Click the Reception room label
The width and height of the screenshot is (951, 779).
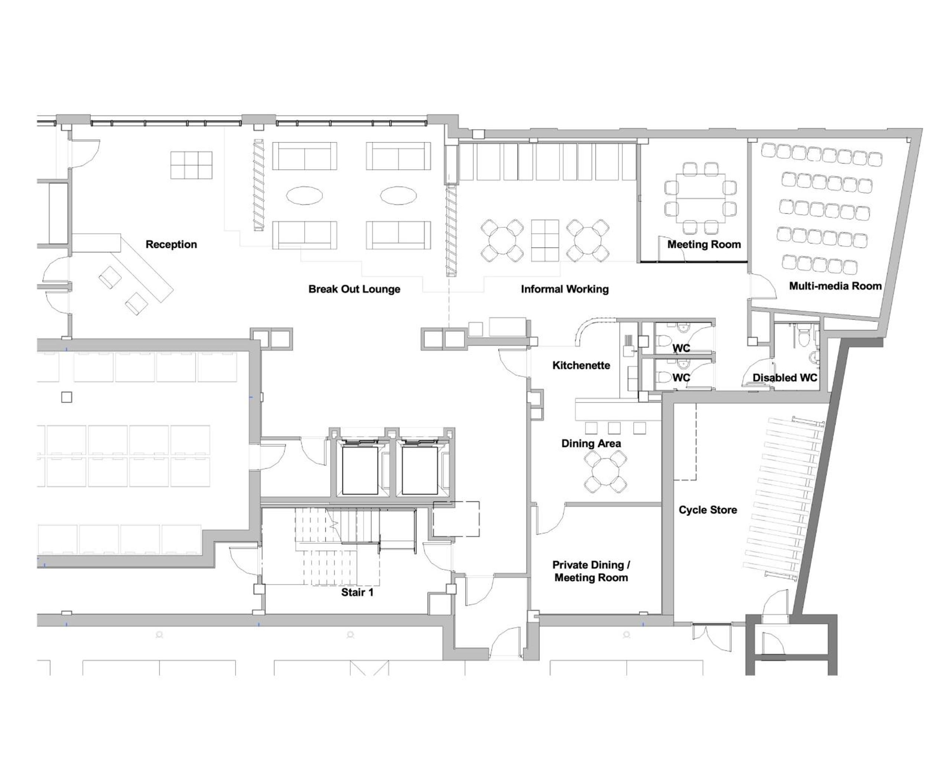point(171,245)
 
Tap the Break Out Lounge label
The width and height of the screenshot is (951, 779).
point(354,289)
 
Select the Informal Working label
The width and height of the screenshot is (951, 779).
point(565,289)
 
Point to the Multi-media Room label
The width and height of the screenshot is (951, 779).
point(835,286)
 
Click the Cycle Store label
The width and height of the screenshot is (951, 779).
point(707,510)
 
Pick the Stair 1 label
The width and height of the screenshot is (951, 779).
point(357,592)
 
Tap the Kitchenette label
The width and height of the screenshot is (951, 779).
point(581,365)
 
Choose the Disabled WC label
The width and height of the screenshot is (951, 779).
point(785,378)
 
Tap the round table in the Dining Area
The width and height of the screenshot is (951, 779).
point(605,472)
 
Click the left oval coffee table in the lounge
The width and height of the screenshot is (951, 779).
point(304,195)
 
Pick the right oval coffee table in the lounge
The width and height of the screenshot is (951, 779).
point(398,195)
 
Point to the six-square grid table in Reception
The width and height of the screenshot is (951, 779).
point(191,165)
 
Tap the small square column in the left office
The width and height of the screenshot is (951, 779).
point(66,397)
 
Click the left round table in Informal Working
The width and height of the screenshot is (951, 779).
point(502,240)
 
